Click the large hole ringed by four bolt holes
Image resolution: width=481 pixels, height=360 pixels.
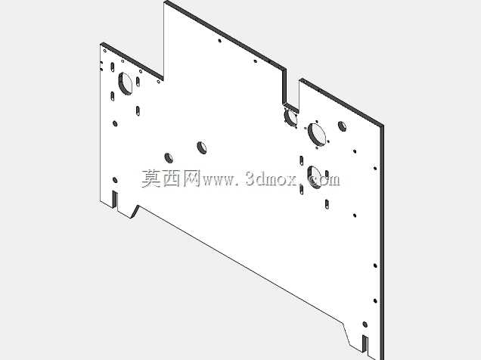[317, 134]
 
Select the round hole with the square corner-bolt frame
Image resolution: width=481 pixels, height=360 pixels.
[290, 116]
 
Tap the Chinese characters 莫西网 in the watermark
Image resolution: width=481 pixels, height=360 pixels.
[171, 178]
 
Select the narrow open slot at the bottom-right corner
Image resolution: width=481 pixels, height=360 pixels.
[365, 343]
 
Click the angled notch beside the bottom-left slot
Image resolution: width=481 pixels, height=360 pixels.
[135, 212]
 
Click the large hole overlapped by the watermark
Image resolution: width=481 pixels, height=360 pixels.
[314, 177]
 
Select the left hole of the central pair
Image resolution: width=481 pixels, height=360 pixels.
[169, 157]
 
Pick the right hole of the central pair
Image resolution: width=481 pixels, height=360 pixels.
[201, 147]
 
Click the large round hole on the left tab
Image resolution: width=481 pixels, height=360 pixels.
[125, 83]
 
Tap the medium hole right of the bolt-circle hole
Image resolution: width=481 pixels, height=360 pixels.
[342, 126]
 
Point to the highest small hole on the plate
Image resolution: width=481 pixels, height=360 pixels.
[219, 41]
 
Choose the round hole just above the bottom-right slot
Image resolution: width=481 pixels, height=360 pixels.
[365, 324]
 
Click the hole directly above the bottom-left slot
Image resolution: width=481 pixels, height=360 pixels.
[115, 180]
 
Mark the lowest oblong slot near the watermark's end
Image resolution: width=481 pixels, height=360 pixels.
[327, 204]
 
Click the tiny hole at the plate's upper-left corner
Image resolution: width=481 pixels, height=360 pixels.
[105, 51]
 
